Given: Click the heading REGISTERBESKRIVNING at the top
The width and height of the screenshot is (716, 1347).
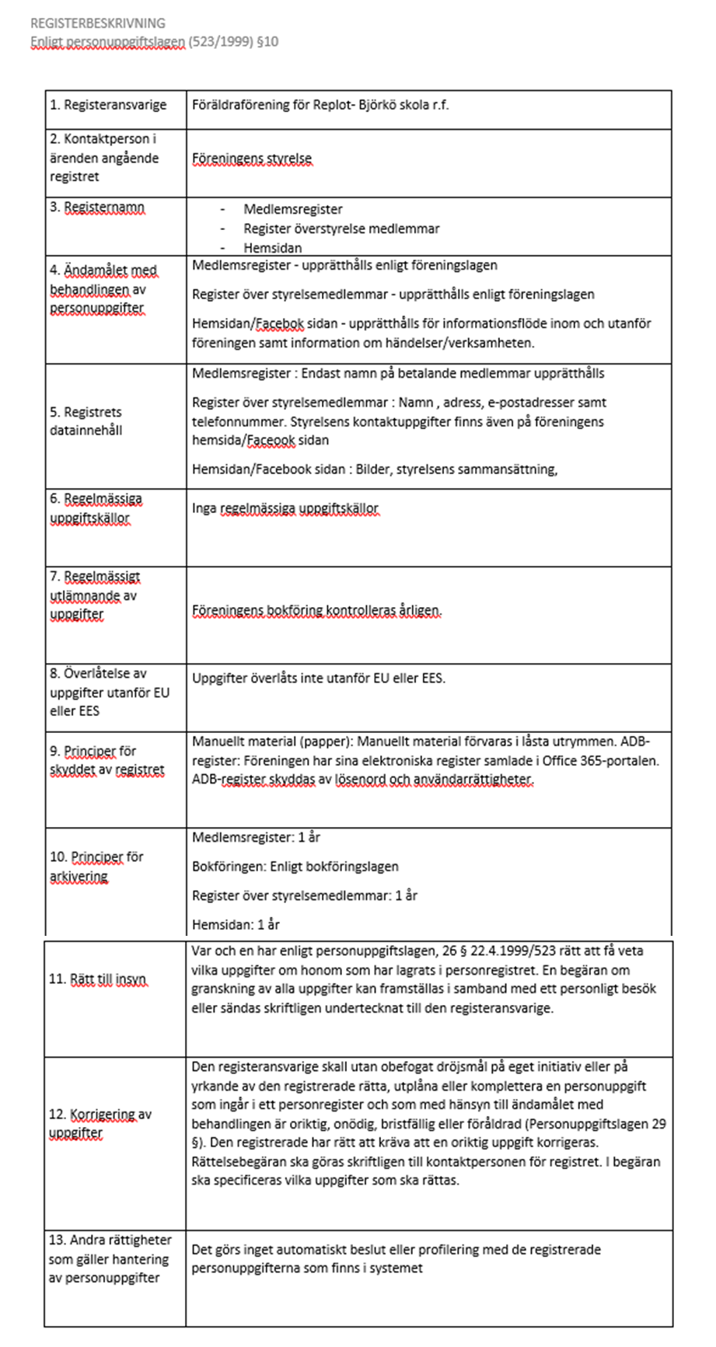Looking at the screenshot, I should (x=97, y=23).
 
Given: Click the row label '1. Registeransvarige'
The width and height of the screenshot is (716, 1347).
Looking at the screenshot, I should (x=112, y=104).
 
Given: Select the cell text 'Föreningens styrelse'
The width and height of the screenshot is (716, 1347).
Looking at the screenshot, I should (x=252, y=159).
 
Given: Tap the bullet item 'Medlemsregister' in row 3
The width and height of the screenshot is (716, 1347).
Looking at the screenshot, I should (x=292, y=209).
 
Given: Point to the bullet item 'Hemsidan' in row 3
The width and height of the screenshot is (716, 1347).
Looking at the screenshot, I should (x=272, y=248).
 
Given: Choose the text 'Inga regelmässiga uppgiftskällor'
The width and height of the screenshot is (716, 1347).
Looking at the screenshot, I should (x=285, y=509).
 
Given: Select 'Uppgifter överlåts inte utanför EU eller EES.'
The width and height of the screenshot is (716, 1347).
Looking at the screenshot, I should (x=319, y=678).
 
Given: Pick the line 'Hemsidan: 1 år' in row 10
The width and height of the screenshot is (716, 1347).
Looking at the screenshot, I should (x=236, y=925).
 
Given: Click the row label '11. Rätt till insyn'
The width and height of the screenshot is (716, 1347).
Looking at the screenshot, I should (x=97, y=979).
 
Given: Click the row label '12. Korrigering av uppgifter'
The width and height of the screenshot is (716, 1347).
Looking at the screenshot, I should (x=100, y=1124).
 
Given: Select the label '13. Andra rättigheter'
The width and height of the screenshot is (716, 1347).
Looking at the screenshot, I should (x=110, y=1240).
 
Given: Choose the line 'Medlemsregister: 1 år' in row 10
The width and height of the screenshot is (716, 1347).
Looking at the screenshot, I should (x=256, y=838).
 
